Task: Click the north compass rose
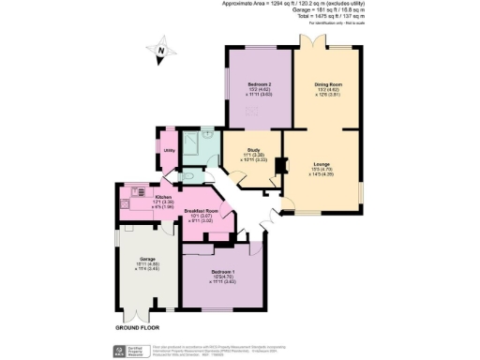[x=160, y=52]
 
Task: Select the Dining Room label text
[x=328, y=83]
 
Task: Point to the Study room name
[x=253, y=149]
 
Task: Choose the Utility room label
[x=170, y=149]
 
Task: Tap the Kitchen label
[x=137, y=197]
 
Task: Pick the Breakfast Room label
[x=201, y=211]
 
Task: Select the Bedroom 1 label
[x=223, y=271]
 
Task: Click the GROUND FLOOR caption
[x=140, y=329]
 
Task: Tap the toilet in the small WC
[x=190, y=175]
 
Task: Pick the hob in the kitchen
[x=124, y=202]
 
